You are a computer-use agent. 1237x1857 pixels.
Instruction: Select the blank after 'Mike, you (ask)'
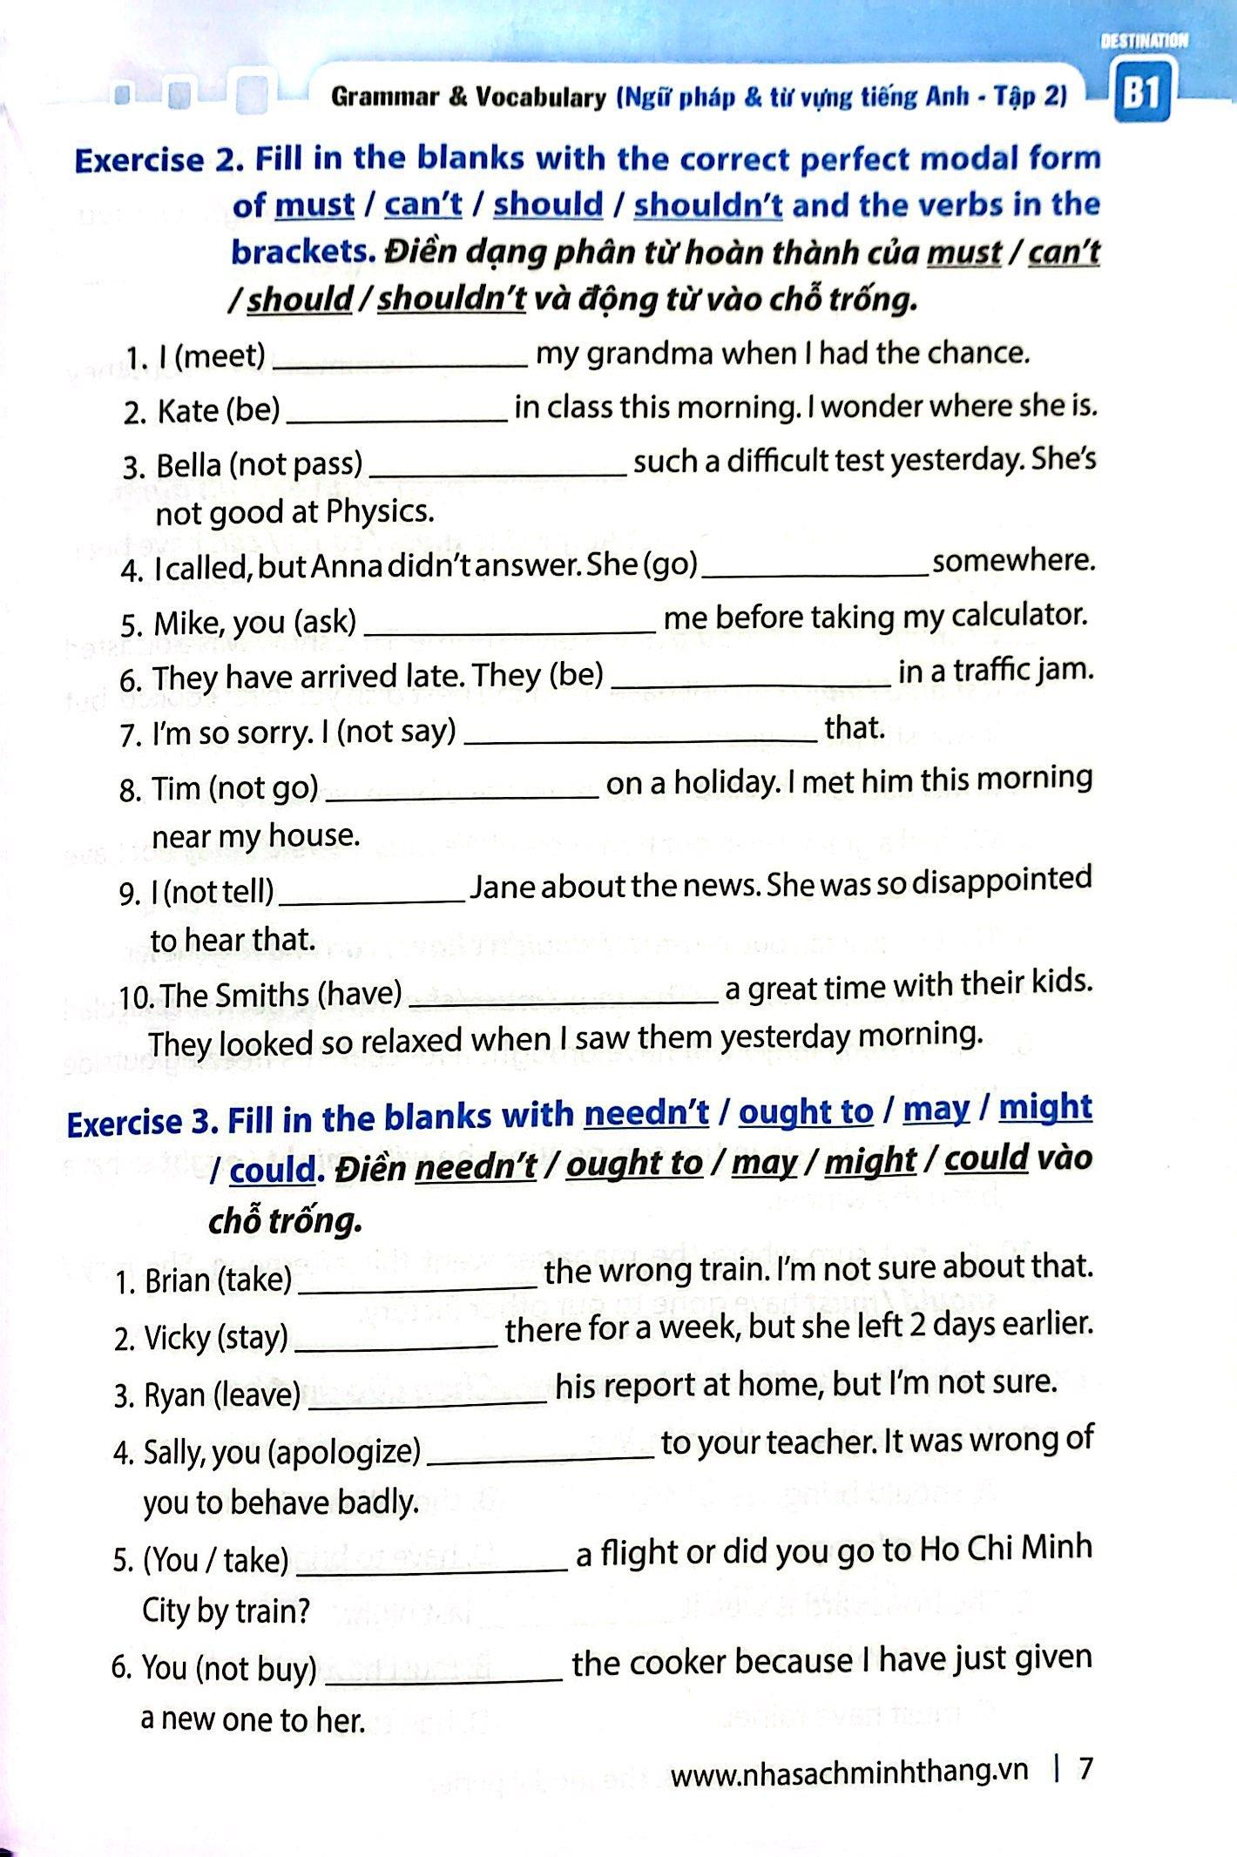coord(508,627)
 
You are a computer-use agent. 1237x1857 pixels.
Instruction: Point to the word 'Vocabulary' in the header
coord(540,98)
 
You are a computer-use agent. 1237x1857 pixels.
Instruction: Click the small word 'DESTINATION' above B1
coord(1143,41)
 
